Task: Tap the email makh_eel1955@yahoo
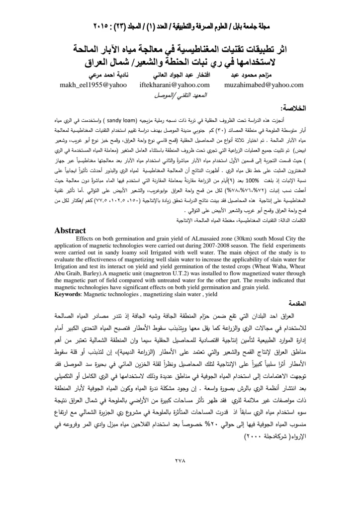[x=93, y=85]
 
